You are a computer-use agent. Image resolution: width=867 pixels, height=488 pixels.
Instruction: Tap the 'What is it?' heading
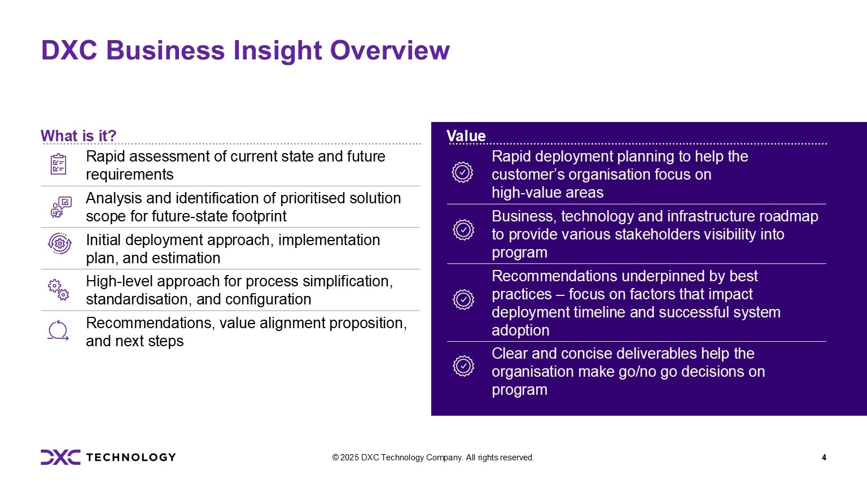[78, 136]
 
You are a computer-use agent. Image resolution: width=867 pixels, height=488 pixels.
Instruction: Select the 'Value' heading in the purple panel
[466, 136]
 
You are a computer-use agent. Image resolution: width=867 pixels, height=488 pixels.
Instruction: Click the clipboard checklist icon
[59, 164]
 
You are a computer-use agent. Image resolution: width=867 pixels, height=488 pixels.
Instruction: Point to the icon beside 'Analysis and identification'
[61, 207]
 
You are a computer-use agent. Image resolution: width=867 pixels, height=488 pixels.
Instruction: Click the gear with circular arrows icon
[60, 243]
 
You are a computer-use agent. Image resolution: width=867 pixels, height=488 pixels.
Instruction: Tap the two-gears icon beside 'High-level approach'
[59, 290]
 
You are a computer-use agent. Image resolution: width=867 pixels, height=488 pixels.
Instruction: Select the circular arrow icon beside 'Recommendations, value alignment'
[58, 331]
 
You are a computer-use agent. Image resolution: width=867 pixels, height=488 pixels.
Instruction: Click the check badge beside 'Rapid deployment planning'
[462, 172]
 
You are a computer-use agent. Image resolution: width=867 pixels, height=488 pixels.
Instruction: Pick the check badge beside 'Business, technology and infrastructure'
[463, 230]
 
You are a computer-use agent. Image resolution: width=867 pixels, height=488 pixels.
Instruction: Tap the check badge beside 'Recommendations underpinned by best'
[463, 299]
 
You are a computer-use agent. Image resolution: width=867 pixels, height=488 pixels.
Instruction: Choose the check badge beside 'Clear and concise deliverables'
[463, 366]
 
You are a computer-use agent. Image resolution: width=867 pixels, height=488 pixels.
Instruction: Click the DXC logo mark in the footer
[60, 457]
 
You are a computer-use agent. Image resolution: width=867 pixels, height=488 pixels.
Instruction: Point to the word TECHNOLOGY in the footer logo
[131, 457]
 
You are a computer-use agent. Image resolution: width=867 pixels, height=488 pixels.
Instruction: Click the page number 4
[824, 457]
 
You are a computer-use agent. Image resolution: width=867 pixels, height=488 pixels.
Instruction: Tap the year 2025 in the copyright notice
[349, 457]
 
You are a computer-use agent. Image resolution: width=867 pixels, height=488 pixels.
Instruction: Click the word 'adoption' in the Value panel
[520, 330]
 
